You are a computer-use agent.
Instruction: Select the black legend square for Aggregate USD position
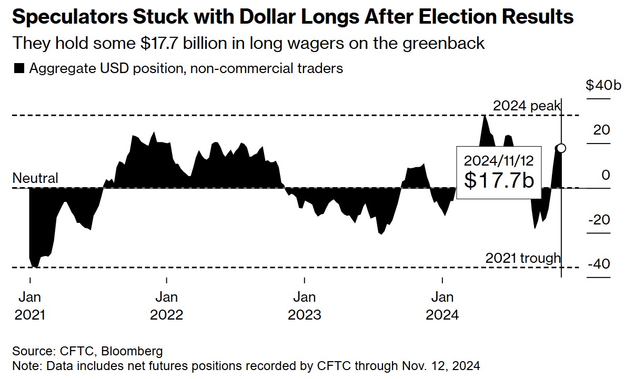click(x=19, y=68)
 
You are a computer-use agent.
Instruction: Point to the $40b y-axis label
click(x=603, y=85)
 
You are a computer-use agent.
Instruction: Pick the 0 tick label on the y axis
click(x=607, y=175)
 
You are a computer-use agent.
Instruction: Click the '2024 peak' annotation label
click(x=527, y=106)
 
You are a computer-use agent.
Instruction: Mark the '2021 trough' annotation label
click(x=523, y=258)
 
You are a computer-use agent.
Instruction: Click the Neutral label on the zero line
click(x=35, y=179)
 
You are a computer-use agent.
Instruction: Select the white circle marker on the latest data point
click(x=561, y=148)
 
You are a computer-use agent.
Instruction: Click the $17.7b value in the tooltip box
click(x=499, y=180)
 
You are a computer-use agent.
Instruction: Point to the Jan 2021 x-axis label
click(x=29, y=306)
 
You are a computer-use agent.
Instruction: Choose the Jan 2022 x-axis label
click(x=166, y=306)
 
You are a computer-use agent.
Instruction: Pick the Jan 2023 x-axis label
click(x=304, y=306)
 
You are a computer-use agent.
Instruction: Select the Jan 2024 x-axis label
click(x=442, y=306)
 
